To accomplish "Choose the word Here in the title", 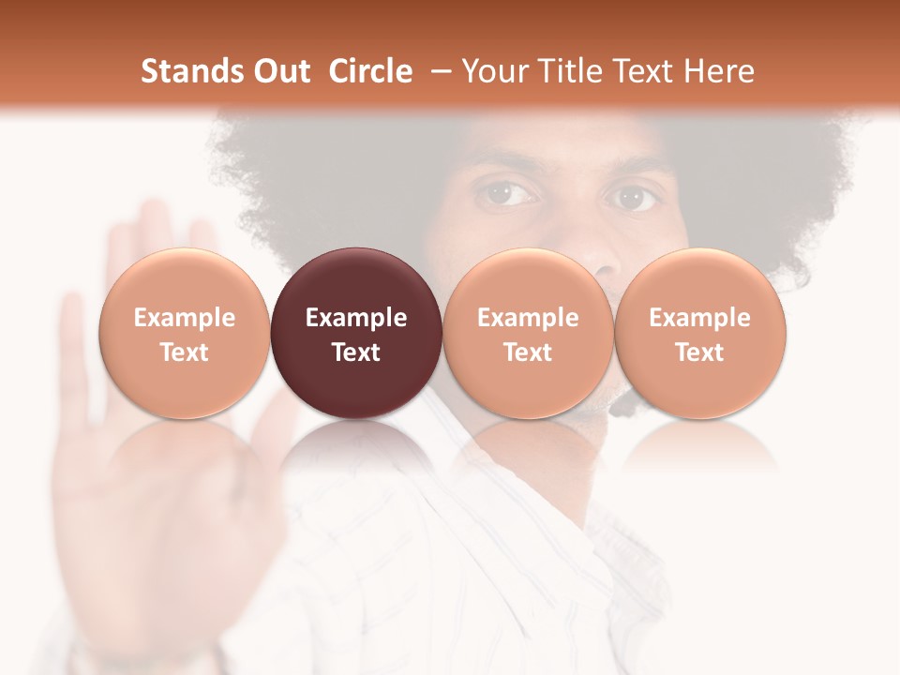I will click(x=718, y=71).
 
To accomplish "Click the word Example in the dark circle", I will click(x=356, y=318).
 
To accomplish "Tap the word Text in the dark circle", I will click(x=356, y=352).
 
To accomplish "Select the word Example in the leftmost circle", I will click(x=184, y=318).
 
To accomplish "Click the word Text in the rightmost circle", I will click(x=700, y=352).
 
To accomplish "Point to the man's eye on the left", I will click(x=507, y=194).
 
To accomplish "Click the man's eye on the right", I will click(x=632, y=197).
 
